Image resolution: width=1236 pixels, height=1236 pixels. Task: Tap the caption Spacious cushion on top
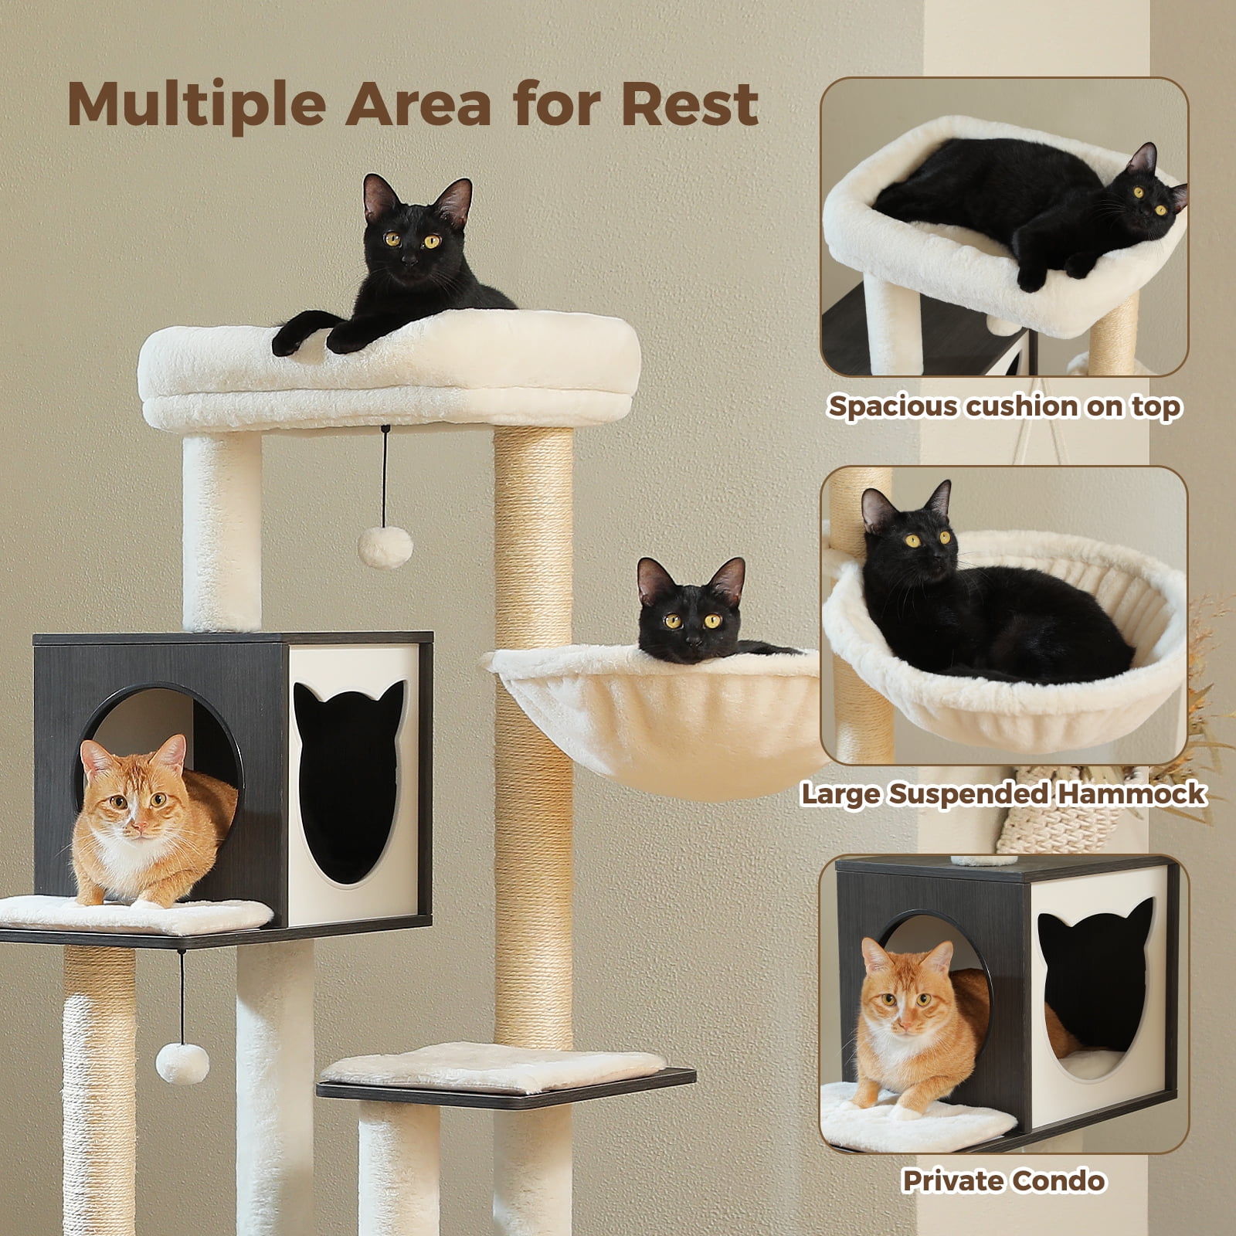tap(1004, 406)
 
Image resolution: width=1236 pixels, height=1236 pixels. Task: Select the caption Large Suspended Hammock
tap(1003, 794)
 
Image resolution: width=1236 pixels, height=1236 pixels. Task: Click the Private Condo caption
tap(1003, 1181)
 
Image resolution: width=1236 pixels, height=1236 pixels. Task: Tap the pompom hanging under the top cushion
tap(385, 547)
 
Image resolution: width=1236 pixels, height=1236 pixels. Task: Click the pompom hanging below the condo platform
tap(183, 1064)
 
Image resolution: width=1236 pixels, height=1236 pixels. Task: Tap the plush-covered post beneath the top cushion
tap(222, 529)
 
